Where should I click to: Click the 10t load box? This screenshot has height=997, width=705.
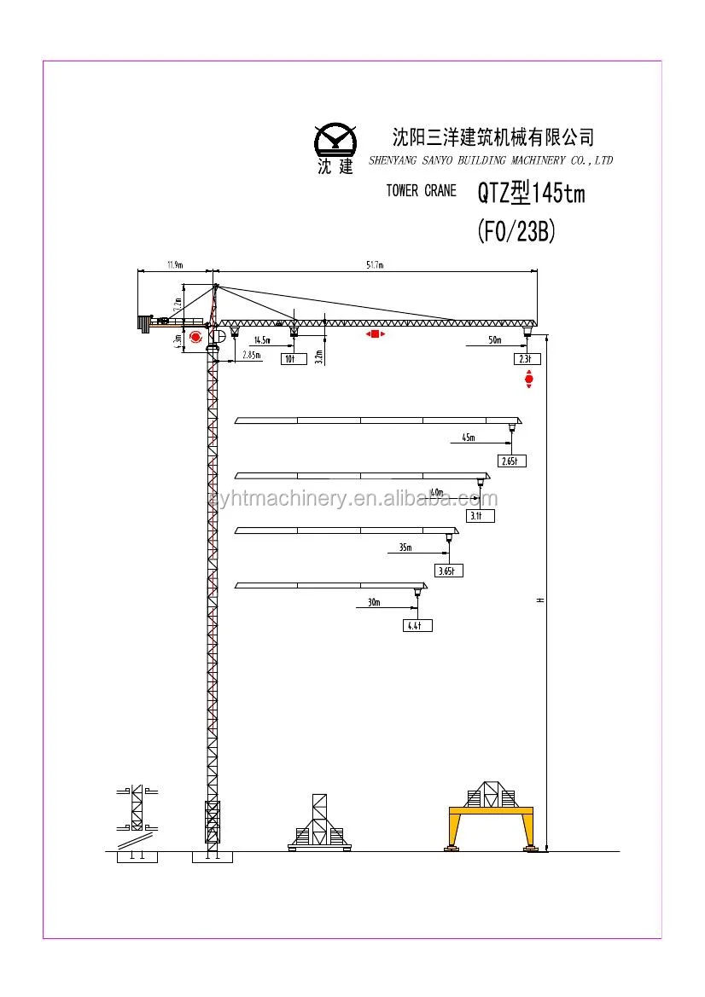[294, 359]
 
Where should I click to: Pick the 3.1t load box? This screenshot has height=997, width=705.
[481, 516]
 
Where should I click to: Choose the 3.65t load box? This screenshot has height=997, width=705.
[449, 571]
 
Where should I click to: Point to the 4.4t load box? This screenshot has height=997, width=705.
[417, 625]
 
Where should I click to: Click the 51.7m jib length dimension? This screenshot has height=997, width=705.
[375, 265]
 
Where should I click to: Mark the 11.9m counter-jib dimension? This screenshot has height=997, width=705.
[176, 265]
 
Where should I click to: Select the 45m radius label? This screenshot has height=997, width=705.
[468, 438]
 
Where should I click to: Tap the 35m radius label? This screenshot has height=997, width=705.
[405, 548]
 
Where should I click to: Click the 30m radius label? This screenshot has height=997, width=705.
[373, 602]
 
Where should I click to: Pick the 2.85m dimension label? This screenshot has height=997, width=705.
[251, 355]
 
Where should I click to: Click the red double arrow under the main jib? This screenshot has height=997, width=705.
[375, 334]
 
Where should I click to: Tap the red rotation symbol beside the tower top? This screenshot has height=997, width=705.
[195, 337]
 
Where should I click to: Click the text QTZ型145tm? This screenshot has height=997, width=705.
[531, 194]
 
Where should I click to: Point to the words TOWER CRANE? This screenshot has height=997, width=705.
[421, 191]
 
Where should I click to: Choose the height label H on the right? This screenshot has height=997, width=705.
[539, 600]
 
